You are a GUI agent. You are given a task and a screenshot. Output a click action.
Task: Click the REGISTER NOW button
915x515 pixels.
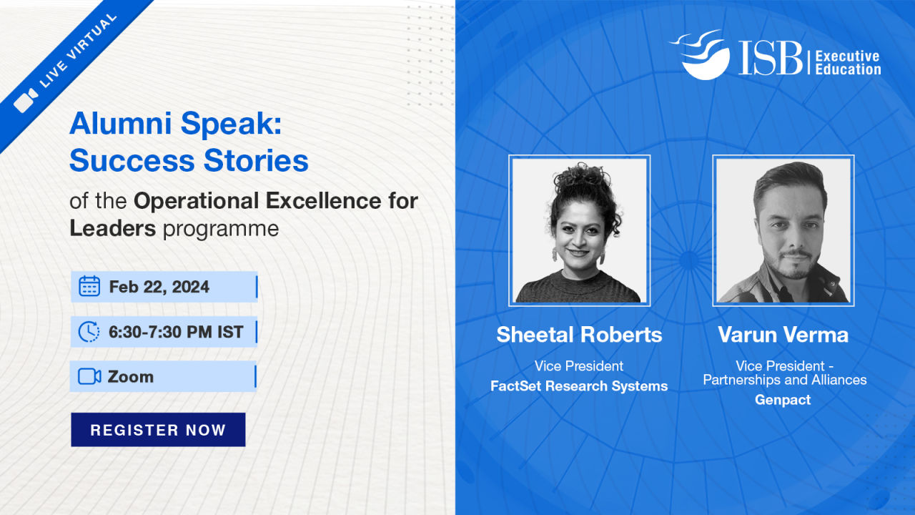[158, 430]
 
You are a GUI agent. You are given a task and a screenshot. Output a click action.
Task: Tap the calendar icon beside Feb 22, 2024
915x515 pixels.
[89, 286]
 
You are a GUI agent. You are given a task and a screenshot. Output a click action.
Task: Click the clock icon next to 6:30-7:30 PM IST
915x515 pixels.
[89, 331]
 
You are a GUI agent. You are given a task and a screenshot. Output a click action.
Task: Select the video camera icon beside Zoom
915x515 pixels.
[89, 376]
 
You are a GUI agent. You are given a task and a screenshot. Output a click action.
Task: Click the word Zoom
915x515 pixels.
[131, 377]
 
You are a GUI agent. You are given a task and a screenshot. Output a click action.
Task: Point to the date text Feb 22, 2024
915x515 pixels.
[159, 287]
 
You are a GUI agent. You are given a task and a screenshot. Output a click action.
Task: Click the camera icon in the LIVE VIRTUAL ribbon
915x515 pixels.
[26, 99]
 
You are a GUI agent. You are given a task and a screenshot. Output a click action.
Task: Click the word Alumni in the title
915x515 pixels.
[121, 123]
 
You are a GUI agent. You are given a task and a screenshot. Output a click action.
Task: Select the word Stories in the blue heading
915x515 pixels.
[256, 160]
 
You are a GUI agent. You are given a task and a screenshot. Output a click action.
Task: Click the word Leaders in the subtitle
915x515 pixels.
[112, 228]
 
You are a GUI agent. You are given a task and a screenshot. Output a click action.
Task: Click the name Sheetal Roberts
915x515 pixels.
[579, 335]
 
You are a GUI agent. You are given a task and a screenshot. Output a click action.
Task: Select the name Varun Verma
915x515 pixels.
[783, 335]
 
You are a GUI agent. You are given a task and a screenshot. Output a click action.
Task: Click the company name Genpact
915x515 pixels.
[783, 399]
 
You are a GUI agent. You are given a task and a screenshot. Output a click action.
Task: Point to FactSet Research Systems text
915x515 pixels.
[579, 386]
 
